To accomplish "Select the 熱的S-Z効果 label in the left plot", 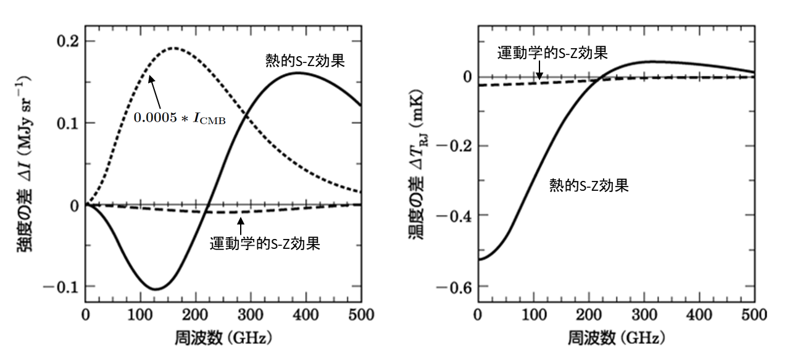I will coord(299,61).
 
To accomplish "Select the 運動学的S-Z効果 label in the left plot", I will coord(265,243).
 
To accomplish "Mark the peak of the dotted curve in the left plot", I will coord(173,48).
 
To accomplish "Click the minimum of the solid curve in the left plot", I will coord(154,289).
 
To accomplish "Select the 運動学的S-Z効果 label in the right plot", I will coord(553,52).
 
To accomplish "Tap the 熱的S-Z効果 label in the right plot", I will coord(589,185).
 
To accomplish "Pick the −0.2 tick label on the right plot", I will coord(454,146).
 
